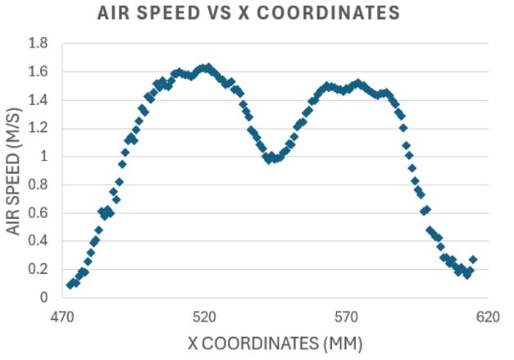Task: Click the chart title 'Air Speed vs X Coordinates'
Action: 248,13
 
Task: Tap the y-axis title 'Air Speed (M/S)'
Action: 13,171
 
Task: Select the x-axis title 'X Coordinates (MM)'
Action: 275,344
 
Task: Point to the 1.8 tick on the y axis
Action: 38,43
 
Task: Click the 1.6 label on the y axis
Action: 38,71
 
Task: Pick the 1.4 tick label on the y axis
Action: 38,100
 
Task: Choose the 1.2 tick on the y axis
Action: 38,128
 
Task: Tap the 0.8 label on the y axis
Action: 38,185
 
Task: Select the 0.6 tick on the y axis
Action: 38,213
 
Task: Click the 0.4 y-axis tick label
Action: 38,241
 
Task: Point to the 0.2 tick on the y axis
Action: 38,270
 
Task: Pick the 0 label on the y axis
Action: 44,298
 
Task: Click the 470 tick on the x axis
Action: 62,317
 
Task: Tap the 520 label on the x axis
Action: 204,317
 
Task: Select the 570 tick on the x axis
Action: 347,317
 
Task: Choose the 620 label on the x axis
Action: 488,317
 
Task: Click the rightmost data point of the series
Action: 473,259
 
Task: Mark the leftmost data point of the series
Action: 71,285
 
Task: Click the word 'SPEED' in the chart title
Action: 167,13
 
